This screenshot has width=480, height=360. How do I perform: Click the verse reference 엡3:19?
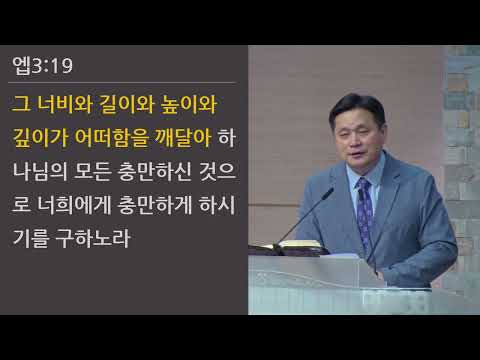coord(42,68)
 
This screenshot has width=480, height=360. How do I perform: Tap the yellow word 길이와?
coord(123,103)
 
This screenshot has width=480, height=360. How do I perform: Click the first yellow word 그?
coord(20,103)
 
